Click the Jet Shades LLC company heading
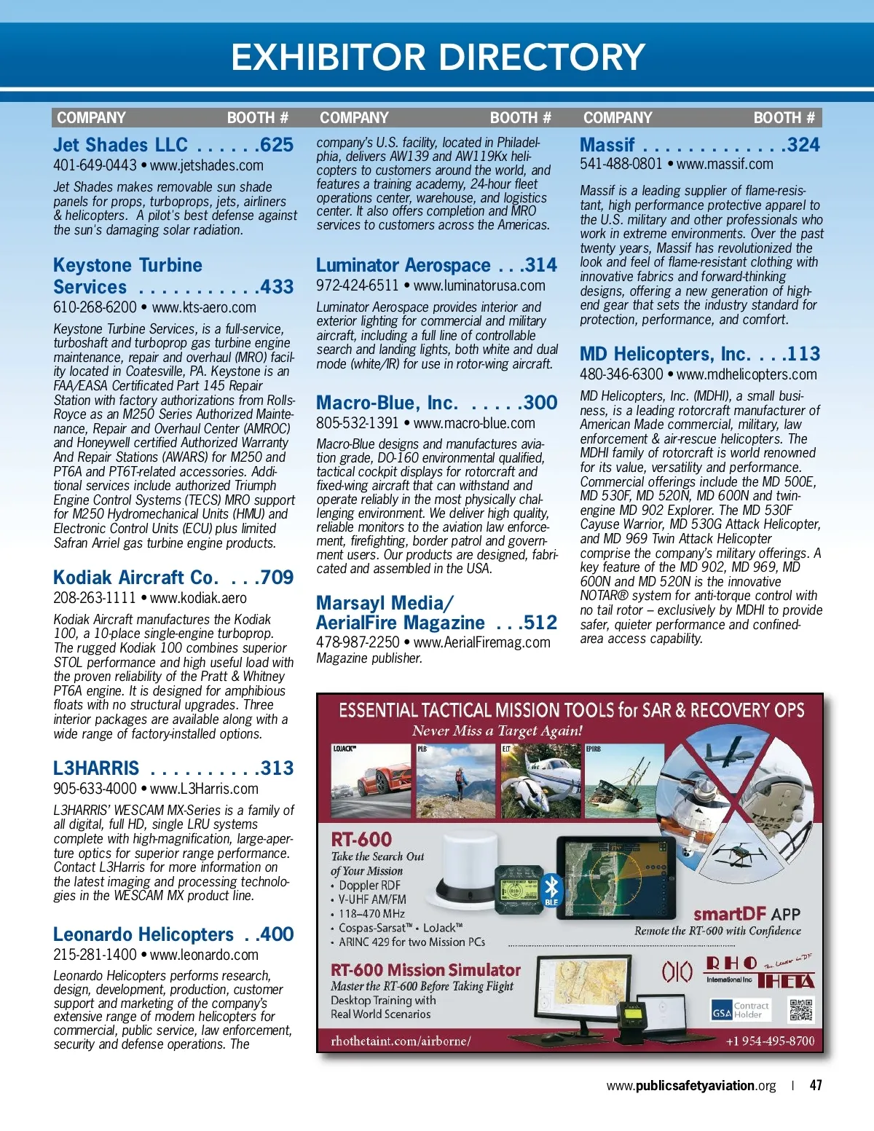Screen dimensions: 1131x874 point(121,145)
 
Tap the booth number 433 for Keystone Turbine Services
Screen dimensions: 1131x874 point(277,287)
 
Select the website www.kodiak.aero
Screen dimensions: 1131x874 point(198,598)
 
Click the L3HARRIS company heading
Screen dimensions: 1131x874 point(96,768)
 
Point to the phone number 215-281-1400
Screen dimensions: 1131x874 point(95,955)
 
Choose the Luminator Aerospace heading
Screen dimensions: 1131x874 point(403,265)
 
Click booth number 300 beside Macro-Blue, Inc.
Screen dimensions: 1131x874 point(540,403)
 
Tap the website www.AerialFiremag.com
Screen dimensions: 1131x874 point(481,642)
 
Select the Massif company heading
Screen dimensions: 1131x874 point(607,145)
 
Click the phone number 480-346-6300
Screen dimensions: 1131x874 point(621,374)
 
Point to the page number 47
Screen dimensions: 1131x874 point(816,1085)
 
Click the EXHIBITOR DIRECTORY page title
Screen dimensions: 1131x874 point(438,57)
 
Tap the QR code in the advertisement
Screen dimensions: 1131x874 point(801,1010)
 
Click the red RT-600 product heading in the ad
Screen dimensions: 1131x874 point(361,840)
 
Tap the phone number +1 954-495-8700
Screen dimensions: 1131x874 point(770,1041)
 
